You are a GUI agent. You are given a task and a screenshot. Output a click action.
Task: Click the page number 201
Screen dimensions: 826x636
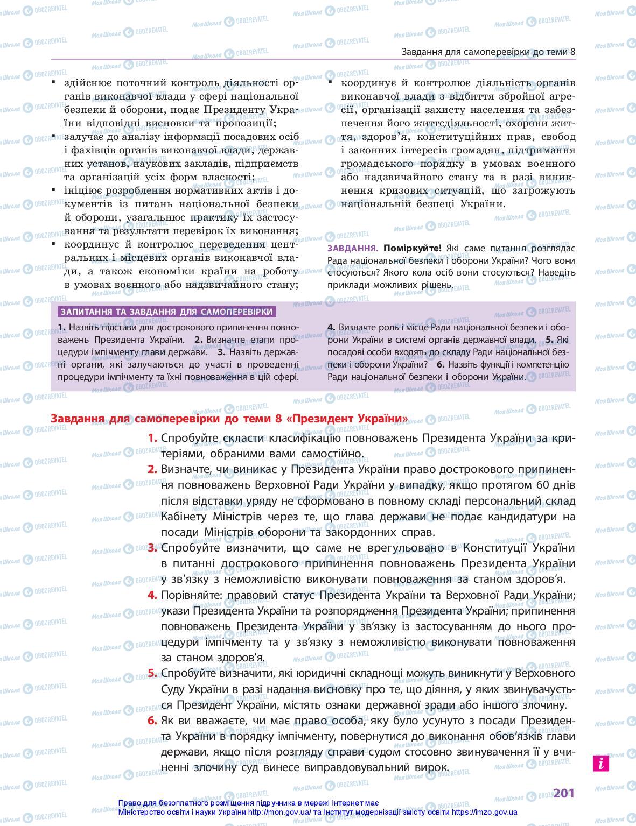[564, 793]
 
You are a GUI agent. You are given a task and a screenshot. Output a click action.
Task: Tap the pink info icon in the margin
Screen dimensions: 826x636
[600, 763]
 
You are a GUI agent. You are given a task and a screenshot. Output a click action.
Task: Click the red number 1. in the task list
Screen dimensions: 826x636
[152, 438]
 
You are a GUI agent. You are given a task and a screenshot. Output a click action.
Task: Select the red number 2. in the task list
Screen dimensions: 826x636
[152, 469]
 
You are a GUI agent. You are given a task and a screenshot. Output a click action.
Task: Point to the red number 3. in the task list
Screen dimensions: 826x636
[152, 548]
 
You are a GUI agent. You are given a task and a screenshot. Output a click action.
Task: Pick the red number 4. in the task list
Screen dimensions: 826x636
[152, 595]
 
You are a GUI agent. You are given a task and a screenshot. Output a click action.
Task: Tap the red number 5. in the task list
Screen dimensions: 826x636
[152, 673]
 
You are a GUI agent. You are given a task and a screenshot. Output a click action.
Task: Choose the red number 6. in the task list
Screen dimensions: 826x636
[152, 721]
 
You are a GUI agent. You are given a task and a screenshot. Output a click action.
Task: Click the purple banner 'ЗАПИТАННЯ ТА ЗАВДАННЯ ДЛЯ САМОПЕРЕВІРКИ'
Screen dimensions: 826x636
[167, 312]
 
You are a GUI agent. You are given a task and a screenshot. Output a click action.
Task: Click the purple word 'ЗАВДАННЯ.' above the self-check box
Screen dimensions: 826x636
[353, 249]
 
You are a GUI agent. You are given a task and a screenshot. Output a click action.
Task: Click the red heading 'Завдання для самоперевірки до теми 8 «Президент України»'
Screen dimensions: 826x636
[229, 419]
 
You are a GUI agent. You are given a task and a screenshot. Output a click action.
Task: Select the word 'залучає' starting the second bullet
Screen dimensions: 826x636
[82, 137]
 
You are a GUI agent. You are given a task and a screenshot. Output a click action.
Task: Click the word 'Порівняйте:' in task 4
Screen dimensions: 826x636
[192, 595]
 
